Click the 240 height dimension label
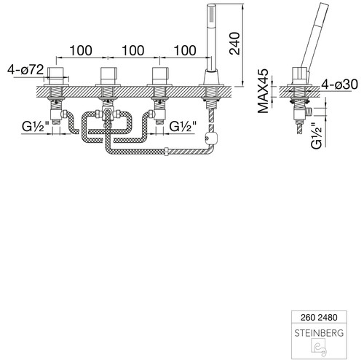tap(234, 43)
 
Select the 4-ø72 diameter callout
tap(25, 70)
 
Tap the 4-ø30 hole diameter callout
tap(340, 85)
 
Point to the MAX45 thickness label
tap(263, 91)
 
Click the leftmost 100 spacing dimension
tap(81, 50)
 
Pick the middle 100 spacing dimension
tap(133, 50)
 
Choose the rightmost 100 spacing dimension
tap(185, 50)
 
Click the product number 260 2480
tap(319, 317)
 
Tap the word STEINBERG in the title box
tap(319, 333)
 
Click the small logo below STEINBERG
tap(319, 348)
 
